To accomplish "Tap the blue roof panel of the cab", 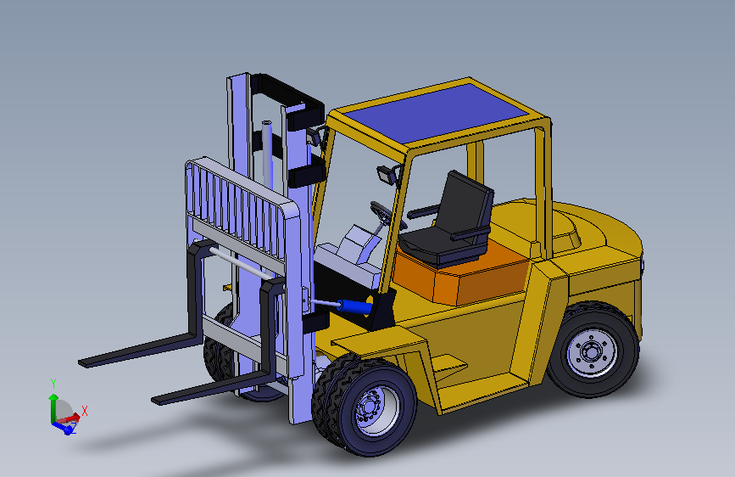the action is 435,112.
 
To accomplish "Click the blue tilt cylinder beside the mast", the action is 354,307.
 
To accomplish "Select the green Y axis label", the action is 53,384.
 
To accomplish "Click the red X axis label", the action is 85,411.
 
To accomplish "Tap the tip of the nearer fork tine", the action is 155,401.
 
